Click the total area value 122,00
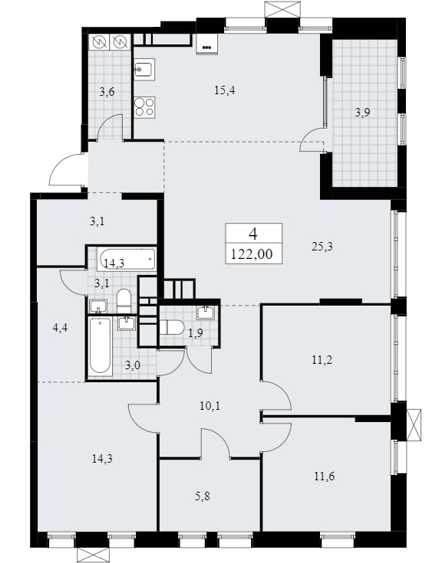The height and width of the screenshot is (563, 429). [x=252, y=254]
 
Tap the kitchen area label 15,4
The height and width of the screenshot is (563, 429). [x=224, y=90]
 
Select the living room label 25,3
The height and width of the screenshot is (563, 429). [x=322, y=247]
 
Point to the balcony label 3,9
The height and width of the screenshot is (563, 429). [x=362, y=113]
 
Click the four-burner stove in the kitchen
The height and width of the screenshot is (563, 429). [x=144, y=106]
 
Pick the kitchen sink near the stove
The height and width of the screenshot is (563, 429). [x=144, y=69]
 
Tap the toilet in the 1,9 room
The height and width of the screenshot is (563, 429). [x=172, y=328]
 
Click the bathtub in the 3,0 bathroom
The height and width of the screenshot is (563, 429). [x=100, y=345]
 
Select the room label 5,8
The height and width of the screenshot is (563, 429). [x=203, y=496]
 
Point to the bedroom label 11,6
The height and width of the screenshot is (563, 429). [x=325, y=476]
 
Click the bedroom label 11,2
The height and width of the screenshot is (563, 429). [x=322, y=359]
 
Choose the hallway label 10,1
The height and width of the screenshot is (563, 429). [x=210, y=406]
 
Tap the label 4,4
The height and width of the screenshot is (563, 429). [x=60, y=328]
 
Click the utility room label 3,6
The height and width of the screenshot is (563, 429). [x=107, y=92]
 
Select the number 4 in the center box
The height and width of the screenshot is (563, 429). [x=253, y=234]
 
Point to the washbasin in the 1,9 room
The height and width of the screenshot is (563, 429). [x=206, y=313]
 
